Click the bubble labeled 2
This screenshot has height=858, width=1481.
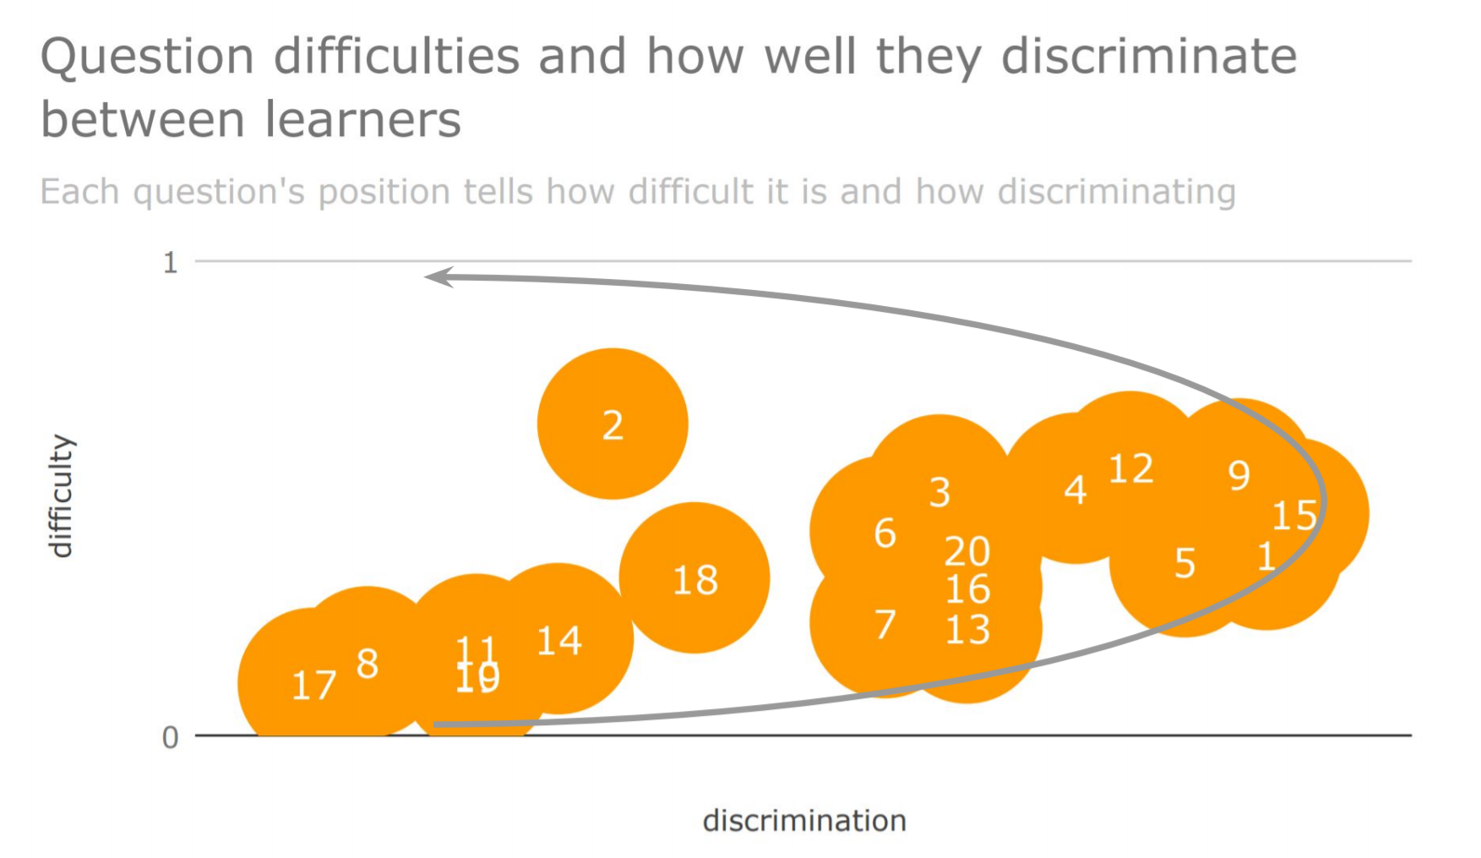[x=613, y=424]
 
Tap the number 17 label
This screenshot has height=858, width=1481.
[x=313, y=685]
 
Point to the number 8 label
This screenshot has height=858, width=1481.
[x=367, y=664]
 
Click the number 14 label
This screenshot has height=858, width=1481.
[x=559, y=641]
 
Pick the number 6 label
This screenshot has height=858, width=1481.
[x=885, y=533]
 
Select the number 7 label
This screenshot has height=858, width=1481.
[x=885, y=625]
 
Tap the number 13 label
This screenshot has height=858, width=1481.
[x=967, y=630]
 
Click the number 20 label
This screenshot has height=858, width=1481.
[x=967, y=552]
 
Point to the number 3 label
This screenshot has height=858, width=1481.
[x=939, y=492]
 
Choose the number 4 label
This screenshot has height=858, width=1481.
[x=1075, y=489]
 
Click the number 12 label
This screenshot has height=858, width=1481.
[x=1130, y=468]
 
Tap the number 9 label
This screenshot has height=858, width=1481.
[x=1239, y=476]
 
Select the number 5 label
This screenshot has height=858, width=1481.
[x=1185, y=564]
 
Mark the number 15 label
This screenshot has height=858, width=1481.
[x=1294, y=516]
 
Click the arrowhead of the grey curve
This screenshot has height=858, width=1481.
[x=438, y=277]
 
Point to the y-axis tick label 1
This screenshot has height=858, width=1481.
[x=171, y=263]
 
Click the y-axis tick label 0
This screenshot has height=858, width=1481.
[x=171, y=738]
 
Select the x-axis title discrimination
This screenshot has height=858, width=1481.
[x=804, y=821]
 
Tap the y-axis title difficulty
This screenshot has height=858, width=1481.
[x=61, y=496]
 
